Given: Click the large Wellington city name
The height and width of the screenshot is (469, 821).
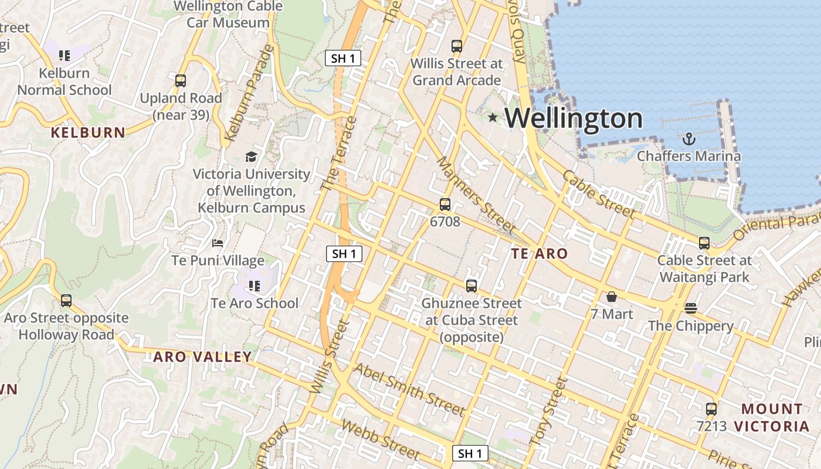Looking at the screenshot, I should [x=574, y=118].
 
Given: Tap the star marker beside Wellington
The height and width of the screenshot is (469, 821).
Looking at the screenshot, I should [x=493, y=118].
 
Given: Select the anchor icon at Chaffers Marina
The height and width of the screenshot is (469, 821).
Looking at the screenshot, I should [x=689, y=139].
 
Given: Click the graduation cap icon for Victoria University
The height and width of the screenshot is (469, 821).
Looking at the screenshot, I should [x=251, y=157].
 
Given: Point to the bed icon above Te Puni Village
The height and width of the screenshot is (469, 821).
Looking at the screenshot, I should [x=218, y=243].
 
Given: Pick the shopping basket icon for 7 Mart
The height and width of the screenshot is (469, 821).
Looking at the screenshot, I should [x=612, y=297].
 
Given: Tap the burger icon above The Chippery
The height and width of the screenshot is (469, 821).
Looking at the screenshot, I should [x=690, y=308].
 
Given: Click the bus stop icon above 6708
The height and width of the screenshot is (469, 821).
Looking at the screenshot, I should [x=445, y=205].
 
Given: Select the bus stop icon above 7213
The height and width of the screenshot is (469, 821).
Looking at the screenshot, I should [x=711, y=409].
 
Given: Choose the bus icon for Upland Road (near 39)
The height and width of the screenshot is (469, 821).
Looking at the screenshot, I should [x=181, y=81].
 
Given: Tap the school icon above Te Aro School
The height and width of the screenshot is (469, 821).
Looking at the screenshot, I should [x=254, y=286].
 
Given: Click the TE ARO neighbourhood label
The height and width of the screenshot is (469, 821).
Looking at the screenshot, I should [x=539, y=254].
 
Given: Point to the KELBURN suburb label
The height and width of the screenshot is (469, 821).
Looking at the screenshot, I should [x=88, y=132].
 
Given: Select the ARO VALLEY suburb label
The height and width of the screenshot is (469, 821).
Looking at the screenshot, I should [x=202, y=356].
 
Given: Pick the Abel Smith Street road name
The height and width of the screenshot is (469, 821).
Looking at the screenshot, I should [x=409, y=389].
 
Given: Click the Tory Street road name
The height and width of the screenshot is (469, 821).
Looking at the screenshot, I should [x=548, y=410].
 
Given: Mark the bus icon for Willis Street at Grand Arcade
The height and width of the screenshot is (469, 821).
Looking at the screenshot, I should [x=457, y=46].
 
